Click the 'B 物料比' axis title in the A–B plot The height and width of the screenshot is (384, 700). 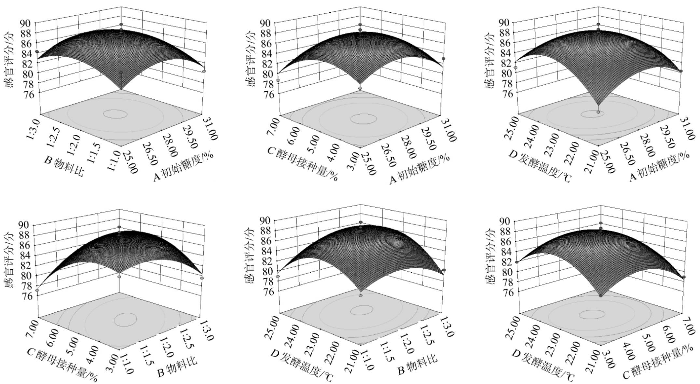[63, 166]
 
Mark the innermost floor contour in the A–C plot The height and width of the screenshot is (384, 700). [363, 119]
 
